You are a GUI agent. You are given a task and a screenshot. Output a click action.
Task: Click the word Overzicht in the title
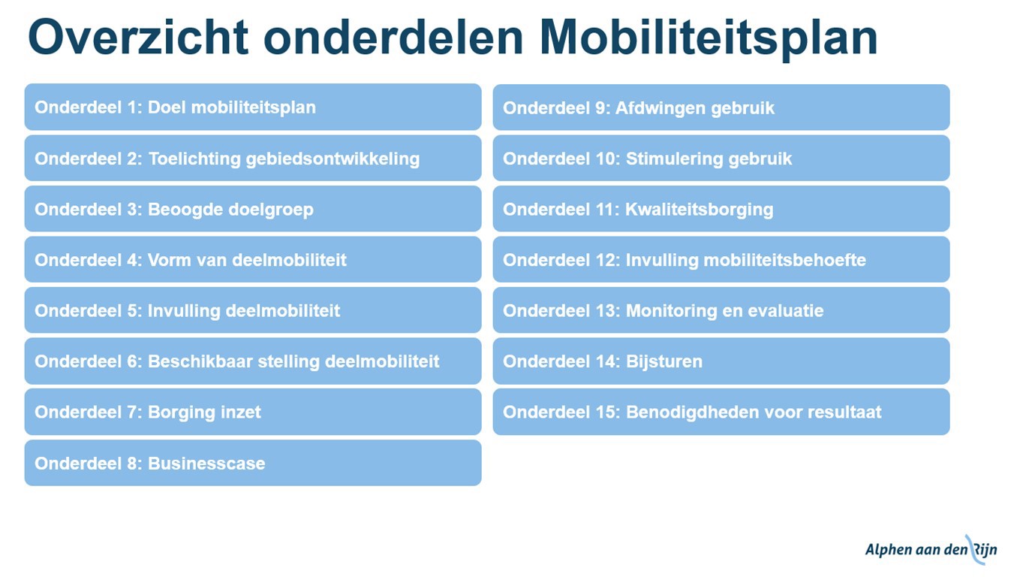pyautogui.click(x=138, y=37)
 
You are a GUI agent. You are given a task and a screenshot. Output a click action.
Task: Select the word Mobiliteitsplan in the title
pyautogui.click(x=709, y=40)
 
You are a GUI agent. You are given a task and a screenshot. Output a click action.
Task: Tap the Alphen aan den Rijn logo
pyautogui.click(x=931, y=549)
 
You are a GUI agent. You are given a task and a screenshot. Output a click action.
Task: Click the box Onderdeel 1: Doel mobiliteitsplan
pyautogui.click(x=253, y=107)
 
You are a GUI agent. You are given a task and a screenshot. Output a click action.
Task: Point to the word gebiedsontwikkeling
pyautogui.click(x=332, y=159)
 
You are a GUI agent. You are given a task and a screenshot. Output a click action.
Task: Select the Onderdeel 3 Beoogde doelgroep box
pyautogui.click(x=253, y=209)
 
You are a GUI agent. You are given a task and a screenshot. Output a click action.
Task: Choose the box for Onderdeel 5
pyautogui.click(x=253, y=310)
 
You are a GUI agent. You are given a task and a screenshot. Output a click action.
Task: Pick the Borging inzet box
pyautogui.click(x=253, y=412)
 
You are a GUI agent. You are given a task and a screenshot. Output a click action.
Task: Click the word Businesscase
pyautogui.click(x=206, y=464)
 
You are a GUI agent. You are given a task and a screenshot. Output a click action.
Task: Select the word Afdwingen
pyautogui.click(x=660, y=109)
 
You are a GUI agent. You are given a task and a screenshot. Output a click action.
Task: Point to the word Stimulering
pyautogui.click(x=675, y=159)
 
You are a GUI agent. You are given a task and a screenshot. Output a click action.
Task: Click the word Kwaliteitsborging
pyautogui.click(x=700, y=210)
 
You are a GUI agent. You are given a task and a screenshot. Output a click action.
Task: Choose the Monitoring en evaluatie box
pyautogui.click(x=721, y=310)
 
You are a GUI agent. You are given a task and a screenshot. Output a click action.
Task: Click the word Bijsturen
pyautogui.click(x=664, y=362)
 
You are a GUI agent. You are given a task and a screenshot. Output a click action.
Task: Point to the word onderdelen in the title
pyautogui.click(x=393, y=37)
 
